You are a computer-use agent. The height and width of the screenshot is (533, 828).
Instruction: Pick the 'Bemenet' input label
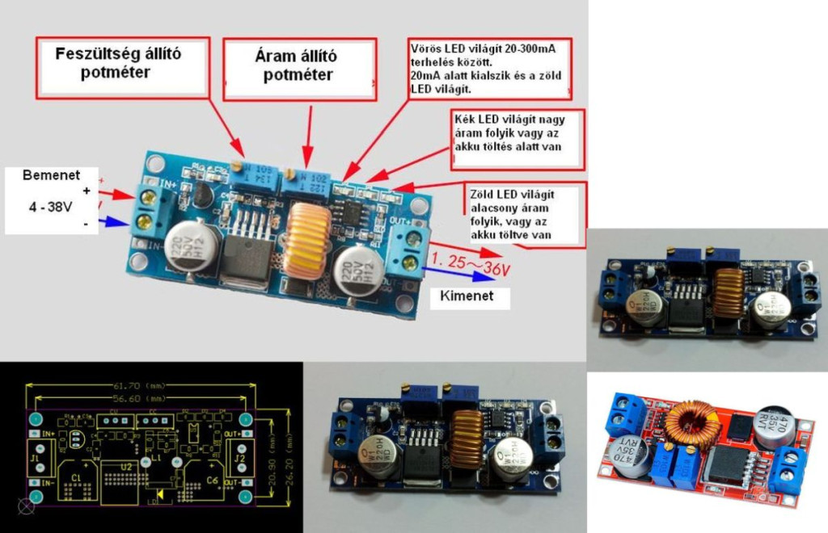pyautogui.click(x=50, y=175)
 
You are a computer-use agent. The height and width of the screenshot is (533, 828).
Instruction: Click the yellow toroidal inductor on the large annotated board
pyautogui.click(x=305, y=240)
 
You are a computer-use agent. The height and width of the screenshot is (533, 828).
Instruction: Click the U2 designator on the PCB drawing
pyautogui.click(x=126, y=466)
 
